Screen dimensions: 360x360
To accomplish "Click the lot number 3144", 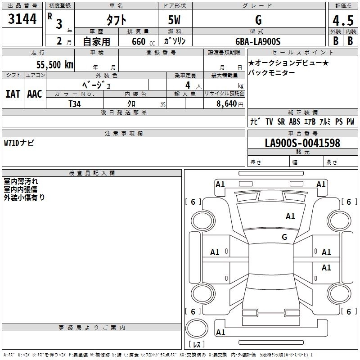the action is tap(22, 19).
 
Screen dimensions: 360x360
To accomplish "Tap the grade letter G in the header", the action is tap(258, 20).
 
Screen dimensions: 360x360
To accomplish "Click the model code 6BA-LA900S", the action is tap(258, 42).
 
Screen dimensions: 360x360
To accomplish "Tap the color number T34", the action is tap(75, 103).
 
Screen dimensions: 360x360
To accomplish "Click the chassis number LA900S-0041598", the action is tap(302, 143).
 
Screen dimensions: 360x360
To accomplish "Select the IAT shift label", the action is tap(13, 94).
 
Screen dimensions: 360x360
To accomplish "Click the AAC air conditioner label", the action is tap(34, 94).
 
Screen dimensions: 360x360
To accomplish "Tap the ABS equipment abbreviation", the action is tap(295, 121).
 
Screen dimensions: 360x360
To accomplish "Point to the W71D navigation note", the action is tap(19, 143).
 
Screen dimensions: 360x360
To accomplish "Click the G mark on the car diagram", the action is tap(284, 237).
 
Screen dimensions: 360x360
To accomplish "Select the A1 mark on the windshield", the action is tap(290, 216).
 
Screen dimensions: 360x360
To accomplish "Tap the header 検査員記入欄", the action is tap(92, 173).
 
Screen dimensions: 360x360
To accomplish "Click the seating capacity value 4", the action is tap(187, 85).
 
